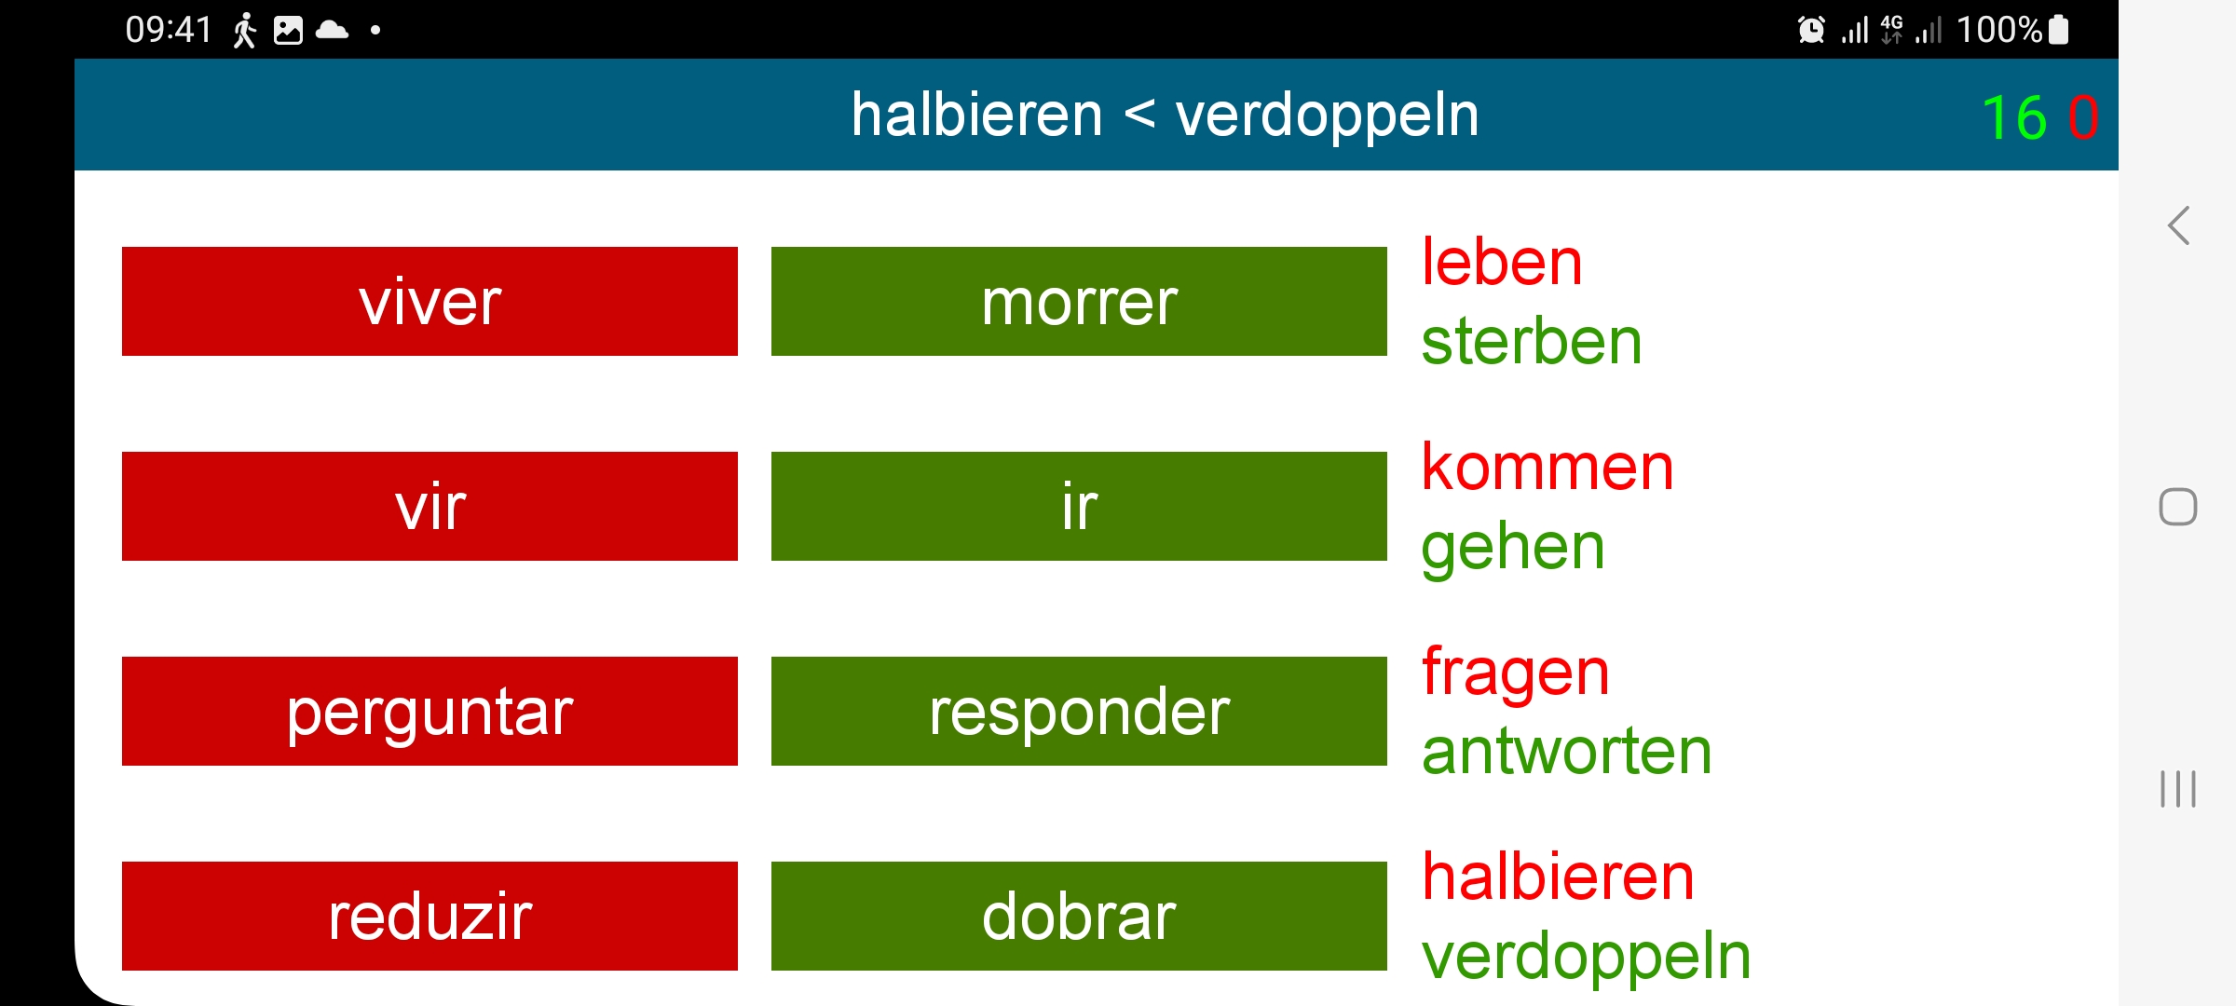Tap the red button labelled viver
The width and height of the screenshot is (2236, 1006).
tap(429, 301)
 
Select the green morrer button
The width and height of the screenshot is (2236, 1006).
tap(1079, 301)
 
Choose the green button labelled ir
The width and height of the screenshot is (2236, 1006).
tap(1079, 506)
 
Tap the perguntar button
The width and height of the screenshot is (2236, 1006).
tap(429, 711)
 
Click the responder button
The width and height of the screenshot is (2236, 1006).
tap(1079, 711)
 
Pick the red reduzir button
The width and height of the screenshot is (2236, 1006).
tap(429, 916)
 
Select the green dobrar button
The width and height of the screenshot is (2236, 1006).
tap(1079, 916)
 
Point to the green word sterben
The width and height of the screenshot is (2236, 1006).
tap(1532, 341)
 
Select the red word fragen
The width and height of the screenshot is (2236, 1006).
tap(1516, 674)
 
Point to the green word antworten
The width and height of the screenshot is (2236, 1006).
tap(1567, 752)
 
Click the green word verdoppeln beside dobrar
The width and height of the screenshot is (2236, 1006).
tap(1587, 958)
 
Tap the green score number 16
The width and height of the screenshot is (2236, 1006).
tap(2014, 118)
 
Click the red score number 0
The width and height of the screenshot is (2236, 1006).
tap(2083, 118)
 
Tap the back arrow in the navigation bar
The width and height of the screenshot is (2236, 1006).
tap(2178, 225)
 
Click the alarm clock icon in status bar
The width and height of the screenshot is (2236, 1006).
tap(1811, 30)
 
